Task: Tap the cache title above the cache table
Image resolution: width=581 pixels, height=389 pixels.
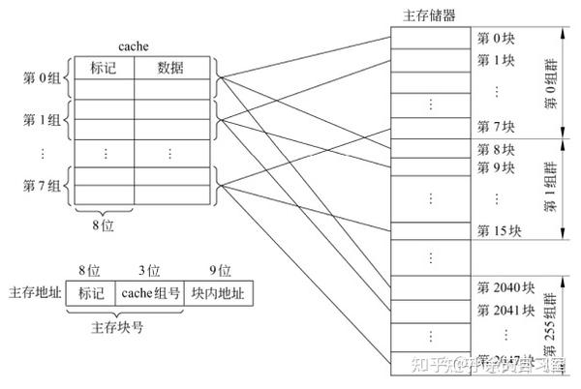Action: coord(133,46)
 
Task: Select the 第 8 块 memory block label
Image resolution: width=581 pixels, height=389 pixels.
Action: coord(496,149)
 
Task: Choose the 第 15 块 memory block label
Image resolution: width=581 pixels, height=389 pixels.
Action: coord(499,231)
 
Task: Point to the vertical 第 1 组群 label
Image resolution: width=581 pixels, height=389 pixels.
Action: coord(550,191)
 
